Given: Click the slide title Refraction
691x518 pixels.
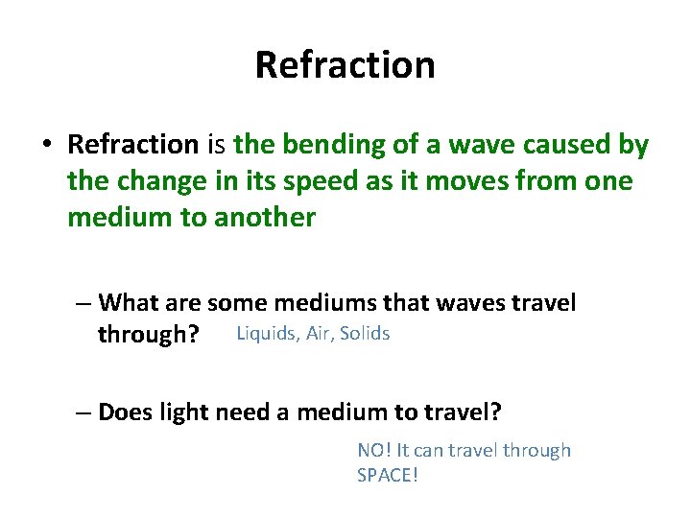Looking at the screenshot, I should pyautogui.click(x=345, y=65).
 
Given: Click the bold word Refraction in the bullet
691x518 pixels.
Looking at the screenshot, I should pyautogui.click(x=132, y=145).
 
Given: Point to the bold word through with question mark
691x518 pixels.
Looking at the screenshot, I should pyautogui.click(x=149, y=335).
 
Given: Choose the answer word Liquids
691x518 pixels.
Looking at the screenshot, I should pyautogui.click(x=267, y=334).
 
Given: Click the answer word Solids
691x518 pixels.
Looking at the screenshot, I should pyautogui.click(x=366, y=334).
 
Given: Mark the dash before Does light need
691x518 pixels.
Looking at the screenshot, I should pyautogui.click(x=84, y=413).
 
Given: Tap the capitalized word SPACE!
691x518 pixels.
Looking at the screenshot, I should pyautogui.click(x=388, y=475).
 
